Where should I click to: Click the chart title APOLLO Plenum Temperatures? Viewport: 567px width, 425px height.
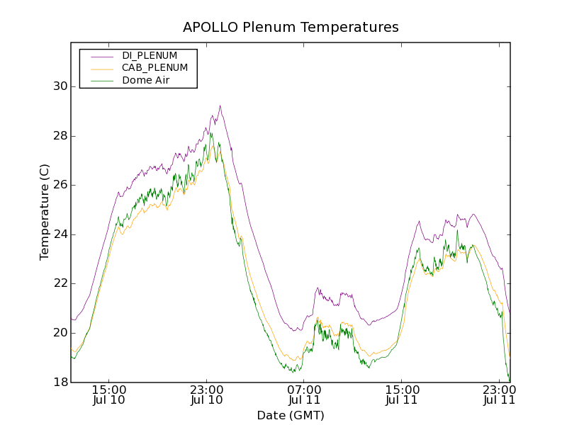[x=291, y=28]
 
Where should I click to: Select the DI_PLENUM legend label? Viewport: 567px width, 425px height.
[x=150, y=55]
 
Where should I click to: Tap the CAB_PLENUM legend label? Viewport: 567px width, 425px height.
[x=155, y=68]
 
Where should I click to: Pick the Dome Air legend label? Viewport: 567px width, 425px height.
[x=146, y=81]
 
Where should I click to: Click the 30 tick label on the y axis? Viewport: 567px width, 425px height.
[x=60, y=86]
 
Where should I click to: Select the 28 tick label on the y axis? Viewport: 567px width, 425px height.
[x=60, y=136]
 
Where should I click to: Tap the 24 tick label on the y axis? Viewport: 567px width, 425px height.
[x=60, y=234]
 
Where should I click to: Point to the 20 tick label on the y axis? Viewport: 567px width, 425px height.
[x=60, y=333]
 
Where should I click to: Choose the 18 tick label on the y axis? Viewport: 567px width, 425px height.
[x=60, y=382]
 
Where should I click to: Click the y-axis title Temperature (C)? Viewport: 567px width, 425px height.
[x=45, y=212]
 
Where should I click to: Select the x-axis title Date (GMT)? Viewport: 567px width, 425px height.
[x=291, y=416]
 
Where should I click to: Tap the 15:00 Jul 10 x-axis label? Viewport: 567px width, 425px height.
[x=109, y=395]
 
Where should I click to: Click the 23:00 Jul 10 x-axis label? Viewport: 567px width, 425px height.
[x=207, y=395]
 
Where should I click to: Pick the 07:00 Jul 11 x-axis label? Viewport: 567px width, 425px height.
[x=304, y=395]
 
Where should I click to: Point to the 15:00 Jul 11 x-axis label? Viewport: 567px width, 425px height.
[x=402, y=395]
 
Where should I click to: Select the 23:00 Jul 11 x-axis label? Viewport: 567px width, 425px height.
[x=499, y=395]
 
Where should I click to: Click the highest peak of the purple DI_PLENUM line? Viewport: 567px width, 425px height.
[x=220, y=106]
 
